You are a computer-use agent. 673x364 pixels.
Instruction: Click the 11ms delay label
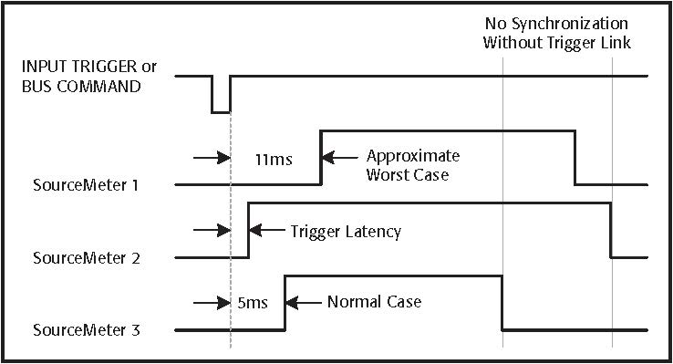[x=273, y=159]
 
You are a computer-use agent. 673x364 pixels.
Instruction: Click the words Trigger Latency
[x=345, y=232]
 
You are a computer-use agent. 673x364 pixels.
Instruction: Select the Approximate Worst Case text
[x=408, y=165]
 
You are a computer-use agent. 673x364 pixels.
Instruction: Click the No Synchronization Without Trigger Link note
[x=557, y=34]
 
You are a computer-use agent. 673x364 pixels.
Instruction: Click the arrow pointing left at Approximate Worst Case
[x=339, y=156]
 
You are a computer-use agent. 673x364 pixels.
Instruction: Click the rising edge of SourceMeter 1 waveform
[x=321, y=157]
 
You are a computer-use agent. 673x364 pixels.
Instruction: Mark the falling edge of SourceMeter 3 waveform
[x=502, y=302]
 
